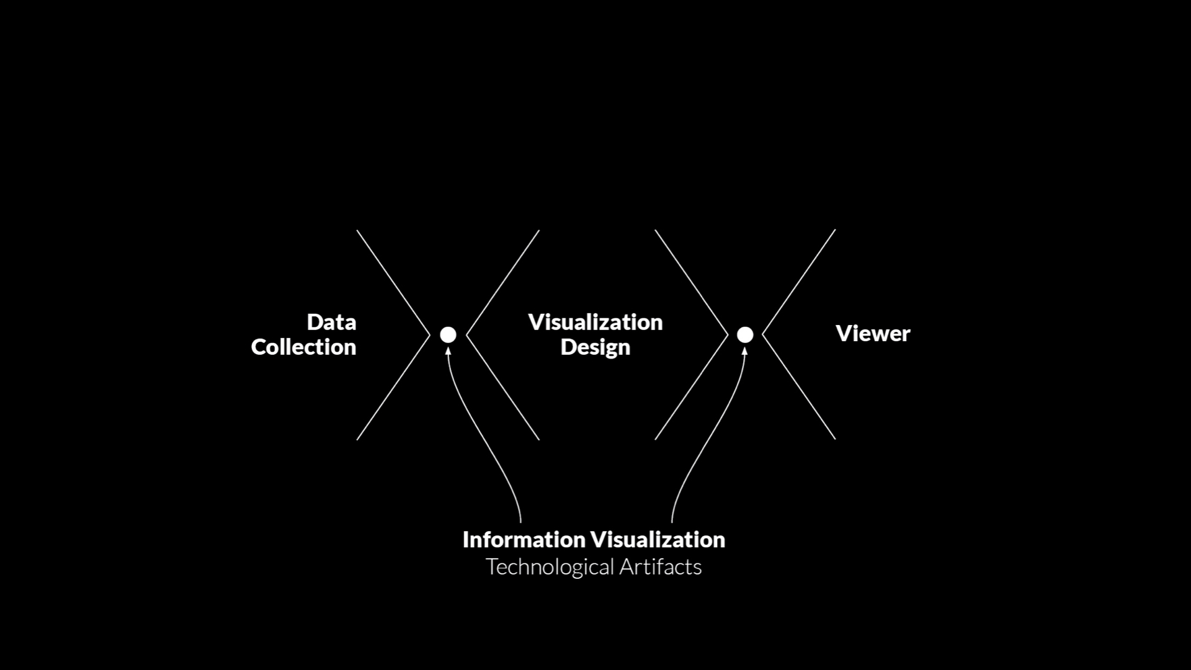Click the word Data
pyautogui.click(x=331, y=322)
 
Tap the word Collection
pyautogui.click(x=303, y=347)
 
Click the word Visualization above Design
pyautogui.click(x=595, y=322)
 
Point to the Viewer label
pyautogui.click(x=873, y=334)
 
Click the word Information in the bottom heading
pyautogui.click(x=524, y=540)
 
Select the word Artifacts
pyautogui.click(x=661, y=566)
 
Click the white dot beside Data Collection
pyautogui.click(x=448, y=335)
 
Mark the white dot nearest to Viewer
pyautogui.click(x=745, y=335)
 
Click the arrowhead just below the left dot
pyautogui.click(x=448, y=351)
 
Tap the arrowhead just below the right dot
pyautogui.click(x=745, y=351)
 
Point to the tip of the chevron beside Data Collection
pyautogui.click(x=430, y=335)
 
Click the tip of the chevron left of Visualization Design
pyautogui.click(x=466, y=335)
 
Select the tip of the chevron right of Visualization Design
pyautogui.click(x=728, y=335)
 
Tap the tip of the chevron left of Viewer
pyautogui.click(x=762, y=335)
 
